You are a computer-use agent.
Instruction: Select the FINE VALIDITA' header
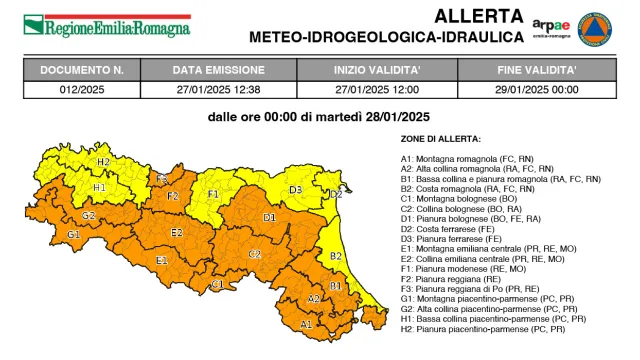[x=537, y=70]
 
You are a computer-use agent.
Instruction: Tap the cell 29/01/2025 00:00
[x=537, y=88]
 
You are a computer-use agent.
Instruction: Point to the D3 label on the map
[x=296, y=188]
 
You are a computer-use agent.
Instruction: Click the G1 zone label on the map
[x=73, y=234]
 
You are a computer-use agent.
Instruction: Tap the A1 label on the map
[x=306, y=323]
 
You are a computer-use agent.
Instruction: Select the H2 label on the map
[x=103, y=161]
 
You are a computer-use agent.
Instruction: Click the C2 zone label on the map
[x=255, y=254]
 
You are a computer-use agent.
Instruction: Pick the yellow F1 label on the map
[x=213, y=193]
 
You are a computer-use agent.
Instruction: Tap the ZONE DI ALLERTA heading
[x=440, y=139]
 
